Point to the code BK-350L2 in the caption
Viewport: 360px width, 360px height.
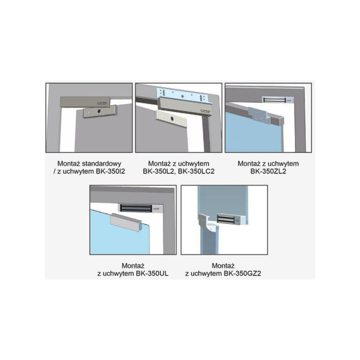(159, 172)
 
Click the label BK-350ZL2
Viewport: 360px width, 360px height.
(268, 171)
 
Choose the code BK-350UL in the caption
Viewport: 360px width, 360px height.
(152, 273)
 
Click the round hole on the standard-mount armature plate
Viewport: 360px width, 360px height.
(99, 111)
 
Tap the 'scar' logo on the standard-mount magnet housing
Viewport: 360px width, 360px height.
(102, 104)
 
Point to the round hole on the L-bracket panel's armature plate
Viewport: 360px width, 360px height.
(171, 118)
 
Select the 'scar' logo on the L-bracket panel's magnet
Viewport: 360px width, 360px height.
(205, 111)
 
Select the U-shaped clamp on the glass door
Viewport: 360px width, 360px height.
(126, 223)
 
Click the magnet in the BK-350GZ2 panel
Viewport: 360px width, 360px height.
(232, 219)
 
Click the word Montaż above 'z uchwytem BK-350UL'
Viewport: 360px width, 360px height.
(133, 266)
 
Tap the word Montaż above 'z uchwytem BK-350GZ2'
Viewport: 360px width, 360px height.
(223, 266)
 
